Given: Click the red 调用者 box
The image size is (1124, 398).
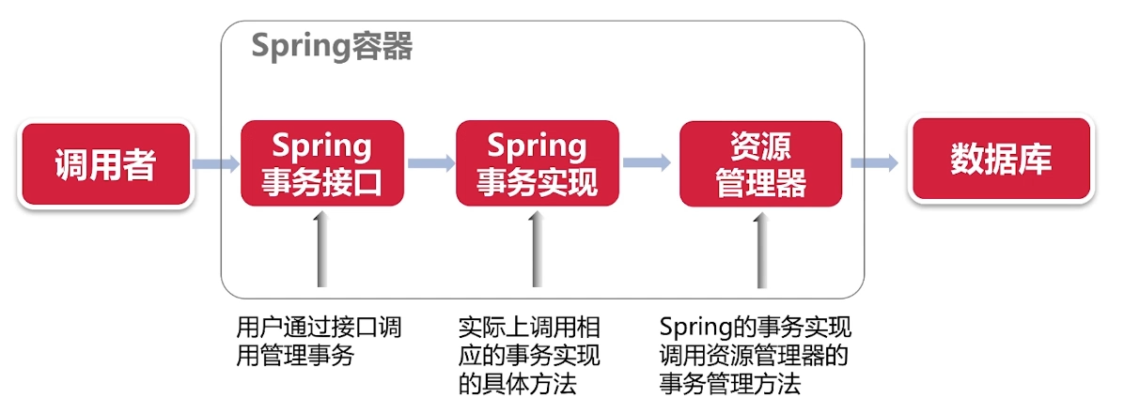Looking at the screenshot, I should pyautogui.click(x=104, y=164).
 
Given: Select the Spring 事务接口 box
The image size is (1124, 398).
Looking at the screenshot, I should pyautogui.click(x=322, y=163).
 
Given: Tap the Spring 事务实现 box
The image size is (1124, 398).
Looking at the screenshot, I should pyautogui.click(x=537, y=163).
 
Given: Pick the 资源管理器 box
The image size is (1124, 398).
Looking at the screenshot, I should pyautogui.click(x=760, y=163).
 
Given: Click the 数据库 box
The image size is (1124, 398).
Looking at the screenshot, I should pyautogui.click(x=1000, y=160).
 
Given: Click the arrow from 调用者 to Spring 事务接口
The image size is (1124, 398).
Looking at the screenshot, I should pyautogui.click(x=216, y=164).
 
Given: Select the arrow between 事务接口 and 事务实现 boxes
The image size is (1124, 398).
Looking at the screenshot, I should pyautogui.click(x=431, y=163).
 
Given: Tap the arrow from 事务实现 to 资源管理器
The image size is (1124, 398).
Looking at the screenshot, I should pyautogui.click(x=648, y=162).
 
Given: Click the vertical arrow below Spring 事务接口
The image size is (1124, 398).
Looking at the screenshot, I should pyautogui.click(x=322, y=249).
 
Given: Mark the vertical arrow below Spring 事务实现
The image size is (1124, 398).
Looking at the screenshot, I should pyautogui.click(x=536, y=249).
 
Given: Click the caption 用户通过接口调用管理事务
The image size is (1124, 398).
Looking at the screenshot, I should pyautogui.click(x=320, y=342).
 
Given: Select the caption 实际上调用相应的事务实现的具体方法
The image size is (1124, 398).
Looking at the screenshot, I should pyautogui.click(x=529, y=356).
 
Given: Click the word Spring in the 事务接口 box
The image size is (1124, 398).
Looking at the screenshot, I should pyautogui.click(x=322, y=145).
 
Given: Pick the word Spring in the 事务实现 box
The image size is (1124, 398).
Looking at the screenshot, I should pyautogui.click(x=537, y=145).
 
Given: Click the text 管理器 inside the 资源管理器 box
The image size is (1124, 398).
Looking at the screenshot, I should pyautogui.click(x=760, y=182).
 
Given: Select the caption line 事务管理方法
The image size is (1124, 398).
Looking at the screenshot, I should pyautogui.click(x=729, y=384).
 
